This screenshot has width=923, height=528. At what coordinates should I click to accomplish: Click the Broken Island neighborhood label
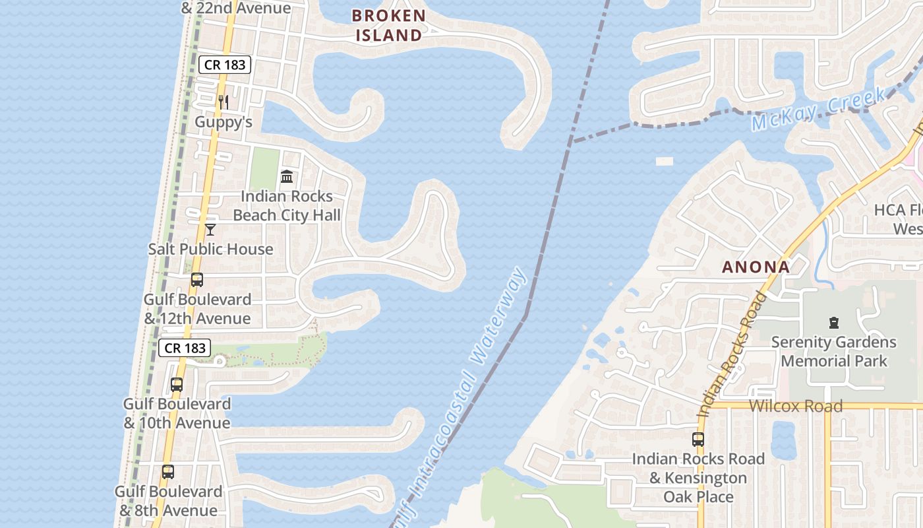click(388, 25)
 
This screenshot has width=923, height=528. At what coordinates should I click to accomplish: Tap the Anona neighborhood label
click(756, 267)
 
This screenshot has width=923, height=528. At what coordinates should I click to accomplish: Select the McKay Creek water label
click(818, 110)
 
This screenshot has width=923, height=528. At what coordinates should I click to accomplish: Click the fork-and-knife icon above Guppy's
click(223, 102)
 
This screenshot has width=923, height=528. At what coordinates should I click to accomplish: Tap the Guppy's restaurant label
click(223, 122)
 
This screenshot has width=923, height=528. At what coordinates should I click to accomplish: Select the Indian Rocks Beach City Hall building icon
click(287, 177)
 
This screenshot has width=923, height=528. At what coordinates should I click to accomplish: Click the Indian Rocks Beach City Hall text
click(287, 206)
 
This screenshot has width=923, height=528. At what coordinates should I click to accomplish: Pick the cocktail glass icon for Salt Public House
click(210, 230)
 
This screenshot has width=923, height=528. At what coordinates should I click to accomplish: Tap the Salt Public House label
click(210, 249)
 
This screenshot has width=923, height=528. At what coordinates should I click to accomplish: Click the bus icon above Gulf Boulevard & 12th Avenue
click(197, 280)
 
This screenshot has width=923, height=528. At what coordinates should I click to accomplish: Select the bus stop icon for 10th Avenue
click(177, 384)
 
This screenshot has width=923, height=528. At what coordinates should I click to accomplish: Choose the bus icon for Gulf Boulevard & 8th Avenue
click(168, 472)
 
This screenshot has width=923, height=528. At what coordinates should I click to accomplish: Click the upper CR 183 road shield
click(225, 65)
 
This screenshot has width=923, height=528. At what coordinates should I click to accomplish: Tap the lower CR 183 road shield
click(185, 348)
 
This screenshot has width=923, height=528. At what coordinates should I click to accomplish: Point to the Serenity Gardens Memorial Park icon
click(834, 323)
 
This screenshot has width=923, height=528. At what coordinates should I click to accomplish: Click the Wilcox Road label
click(796, 406)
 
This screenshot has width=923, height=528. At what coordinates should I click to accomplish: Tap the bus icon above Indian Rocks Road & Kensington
click(698, 439)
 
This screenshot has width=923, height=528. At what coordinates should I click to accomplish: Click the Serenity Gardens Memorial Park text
click(834, 352)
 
